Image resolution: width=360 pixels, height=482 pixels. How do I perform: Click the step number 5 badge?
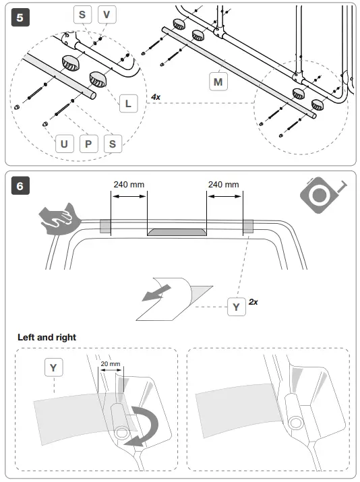click(20, 18)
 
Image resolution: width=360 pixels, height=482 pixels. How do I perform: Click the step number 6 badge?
click(20, 185)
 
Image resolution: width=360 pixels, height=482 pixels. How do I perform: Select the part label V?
click(107, 14)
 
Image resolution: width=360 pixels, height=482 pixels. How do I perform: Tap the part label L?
click(128, 103)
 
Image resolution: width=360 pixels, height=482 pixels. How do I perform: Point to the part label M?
click(218, 82)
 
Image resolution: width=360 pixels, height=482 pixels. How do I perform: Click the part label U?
click(64, 144)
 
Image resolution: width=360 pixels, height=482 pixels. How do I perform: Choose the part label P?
click(88, 144)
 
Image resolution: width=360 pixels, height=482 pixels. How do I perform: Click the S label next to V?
click(82, 14)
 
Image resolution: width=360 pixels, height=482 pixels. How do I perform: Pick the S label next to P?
click(113, 144)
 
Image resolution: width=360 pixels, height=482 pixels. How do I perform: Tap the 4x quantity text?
click(156, 97)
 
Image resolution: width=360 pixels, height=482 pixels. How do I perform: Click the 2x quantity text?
click(253, 302)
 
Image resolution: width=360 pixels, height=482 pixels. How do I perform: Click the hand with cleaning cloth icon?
click(59, 218)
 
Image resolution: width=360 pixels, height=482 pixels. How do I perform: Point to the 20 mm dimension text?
click(111, 363)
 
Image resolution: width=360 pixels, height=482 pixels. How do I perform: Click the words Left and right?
click(47, 337)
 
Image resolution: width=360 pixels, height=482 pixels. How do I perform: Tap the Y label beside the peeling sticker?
click(237, 307)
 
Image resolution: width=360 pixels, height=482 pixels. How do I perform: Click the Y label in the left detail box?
click(53, 367)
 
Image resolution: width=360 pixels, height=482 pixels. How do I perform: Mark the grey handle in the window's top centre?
click(177, 232)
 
